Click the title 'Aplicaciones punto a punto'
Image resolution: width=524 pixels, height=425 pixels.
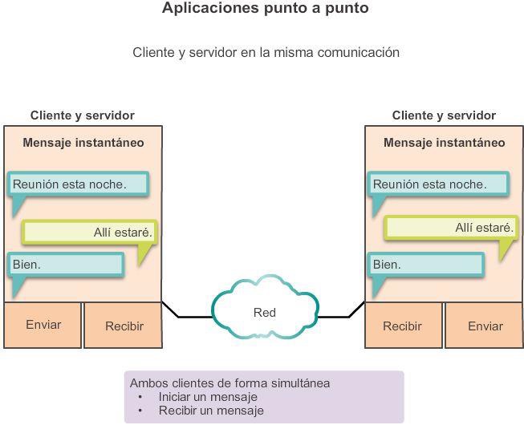pyautogui.click(x=266, y=9)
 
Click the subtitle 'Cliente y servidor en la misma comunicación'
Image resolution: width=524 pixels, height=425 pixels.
pyautogui.click(x=266, y=52)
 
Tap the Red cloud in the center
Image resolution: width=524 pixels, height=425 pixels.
pyautogui.click(x=265, y=312)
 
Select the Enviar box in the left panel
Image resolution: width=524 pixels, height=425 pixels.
pyautogui.click(x=43, y=325)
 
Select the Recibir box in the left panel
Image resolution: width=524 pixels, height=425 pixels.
pyautogui.click(x=124, y=326)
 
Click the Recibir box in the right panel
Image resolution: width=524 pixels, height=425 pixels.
pyautogui.click(x=402, y=326)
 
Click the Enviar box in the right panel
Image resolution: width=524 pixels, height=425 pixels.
pyautogui.click(x=485, y=326)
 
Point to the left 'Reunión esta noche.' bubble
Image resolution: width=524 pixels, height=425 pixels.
pyautogui.click(x=79, y=184)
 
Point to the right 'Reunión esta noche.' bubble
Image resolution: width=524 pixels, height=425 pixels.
pyautogui.click(x=439, y=184)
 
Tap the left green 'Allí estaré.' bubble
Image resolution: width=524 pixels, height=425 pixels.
pyautogui.click(x=88, y=232)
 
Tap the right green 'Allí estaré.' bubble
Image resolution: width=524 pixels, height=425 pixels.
pyautogui.click(x=449, y=228)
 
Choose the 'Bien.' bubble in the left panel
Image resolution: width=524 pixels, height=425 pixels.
pyautogui.click(x=66, y=265)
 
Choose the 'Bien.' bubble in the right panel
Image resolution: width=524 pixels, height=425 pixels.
pyautogui.click(x=426, y=265)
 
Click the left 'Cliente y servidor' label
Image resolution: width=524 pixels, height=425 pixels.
pyautogui.click(x=83, y=115)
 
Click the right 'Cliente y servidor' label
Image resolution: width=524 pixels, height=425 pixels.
pyautogui.click(x=444, y=115)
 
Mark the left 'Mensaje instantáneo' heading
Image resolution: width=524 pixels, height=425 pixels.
pyautogui.click(x=83, y=143)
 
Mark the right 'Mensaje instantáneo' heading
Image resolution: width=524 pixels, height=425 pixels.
pyautogui.click(x=445, y=143)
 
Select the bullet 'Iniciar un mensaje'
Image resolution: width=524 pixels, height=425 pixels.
pyautogui.click(x=208, y=397)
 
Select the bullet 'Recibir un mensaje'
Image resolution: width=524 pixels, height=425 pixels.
pyautogui.click(x=211, y=411)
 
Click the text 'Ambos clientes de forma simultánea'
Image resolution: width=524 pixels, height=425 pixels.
pyautogui.click(x=230, y=382)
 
